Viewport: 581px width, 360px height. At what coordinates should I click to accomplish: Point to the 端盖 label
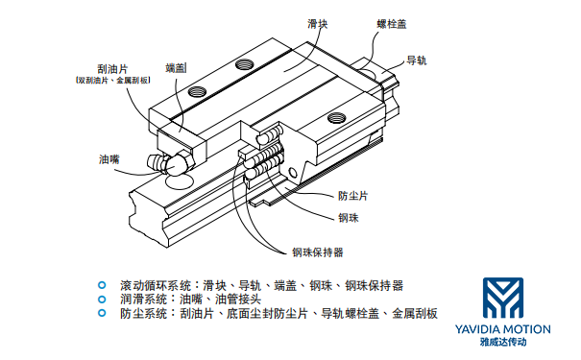[x=177, y=66]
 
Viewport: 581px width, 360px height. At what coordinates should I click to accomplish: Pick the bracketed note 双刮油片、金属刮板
[x=113, y=82]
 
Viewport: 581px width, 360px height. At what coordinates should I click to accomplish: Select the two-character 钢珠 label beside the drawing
[x=348, y=218]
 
